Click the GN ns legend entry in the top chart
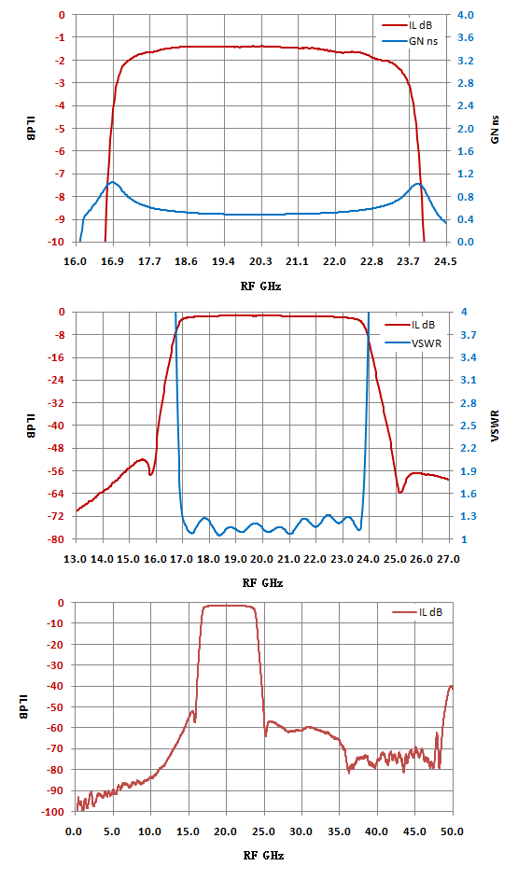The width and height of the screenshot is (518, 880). [410, 41]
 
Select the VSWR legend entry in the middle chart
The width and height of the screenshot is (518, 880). [413, 342]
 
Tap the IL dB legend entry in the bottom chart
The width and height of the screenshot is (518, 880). [417, 612]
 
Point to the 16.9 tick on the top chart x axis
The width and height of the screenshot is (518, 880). [113, 261]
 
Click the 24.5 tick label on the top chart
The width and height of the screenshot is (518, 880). [447, 261]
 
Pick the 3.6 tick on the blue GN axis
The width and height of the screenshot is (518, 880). [466, 37]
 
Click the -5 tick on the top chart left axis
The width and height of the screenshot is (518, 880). [62, 129]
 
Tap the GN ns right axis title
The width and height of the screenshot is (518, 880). [495, 129]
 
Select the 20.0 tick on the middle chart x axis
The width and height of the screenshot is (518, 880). [262, 559]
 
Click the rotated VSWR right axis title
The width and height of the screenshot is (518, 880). [495, 426]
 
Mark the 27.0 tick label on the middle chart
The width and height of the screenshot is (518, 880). [448, 559]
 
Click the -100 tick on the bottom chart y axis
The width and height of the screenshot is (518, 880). [55, 811]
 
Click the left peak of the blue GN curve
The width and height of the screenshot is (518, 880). [113, 182]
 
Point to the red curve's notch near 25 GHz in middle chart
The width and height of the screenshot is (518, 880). [399, 492]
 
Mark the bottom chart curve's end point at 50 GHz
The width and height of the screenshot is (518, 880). [452, 686]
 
